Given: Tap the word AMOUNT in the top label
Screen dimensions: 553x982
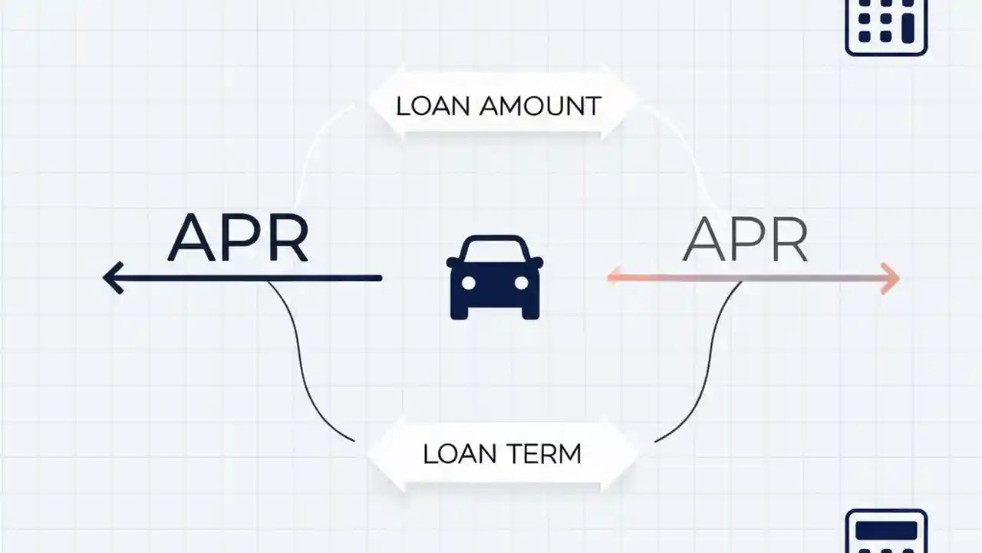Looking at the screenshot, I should pos(540,106).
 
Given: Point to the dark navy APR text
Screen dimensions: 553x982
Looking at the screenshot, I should pos(238,239).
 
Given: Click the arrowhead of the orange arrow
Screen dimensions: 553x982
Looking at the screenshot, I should pos(891,278).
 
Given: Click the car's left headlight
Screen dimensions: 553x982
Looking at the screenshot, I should pos(469,283).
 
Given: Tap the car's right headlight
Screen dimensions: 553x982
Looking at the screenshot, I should pos(521,283).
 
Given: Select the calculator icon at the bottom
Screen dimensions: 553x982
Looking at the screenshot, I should pos(886,532).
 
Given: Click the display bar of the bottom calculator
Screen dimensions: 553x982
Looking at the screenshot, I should pos(886,531).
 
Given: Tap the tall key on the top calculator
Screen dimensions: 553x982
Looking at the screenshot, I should pos(908,28).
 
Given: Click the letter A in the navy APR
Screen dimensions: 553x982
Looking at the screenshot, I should pos(192,239).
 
